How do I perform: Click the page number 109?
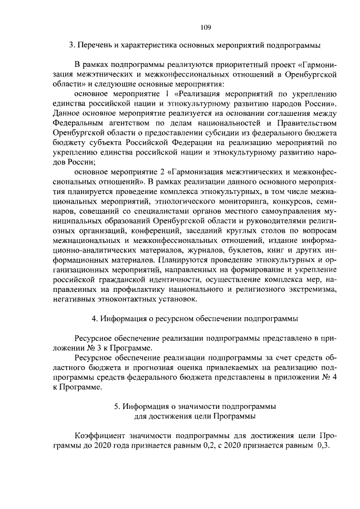[x=205, y=26]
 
